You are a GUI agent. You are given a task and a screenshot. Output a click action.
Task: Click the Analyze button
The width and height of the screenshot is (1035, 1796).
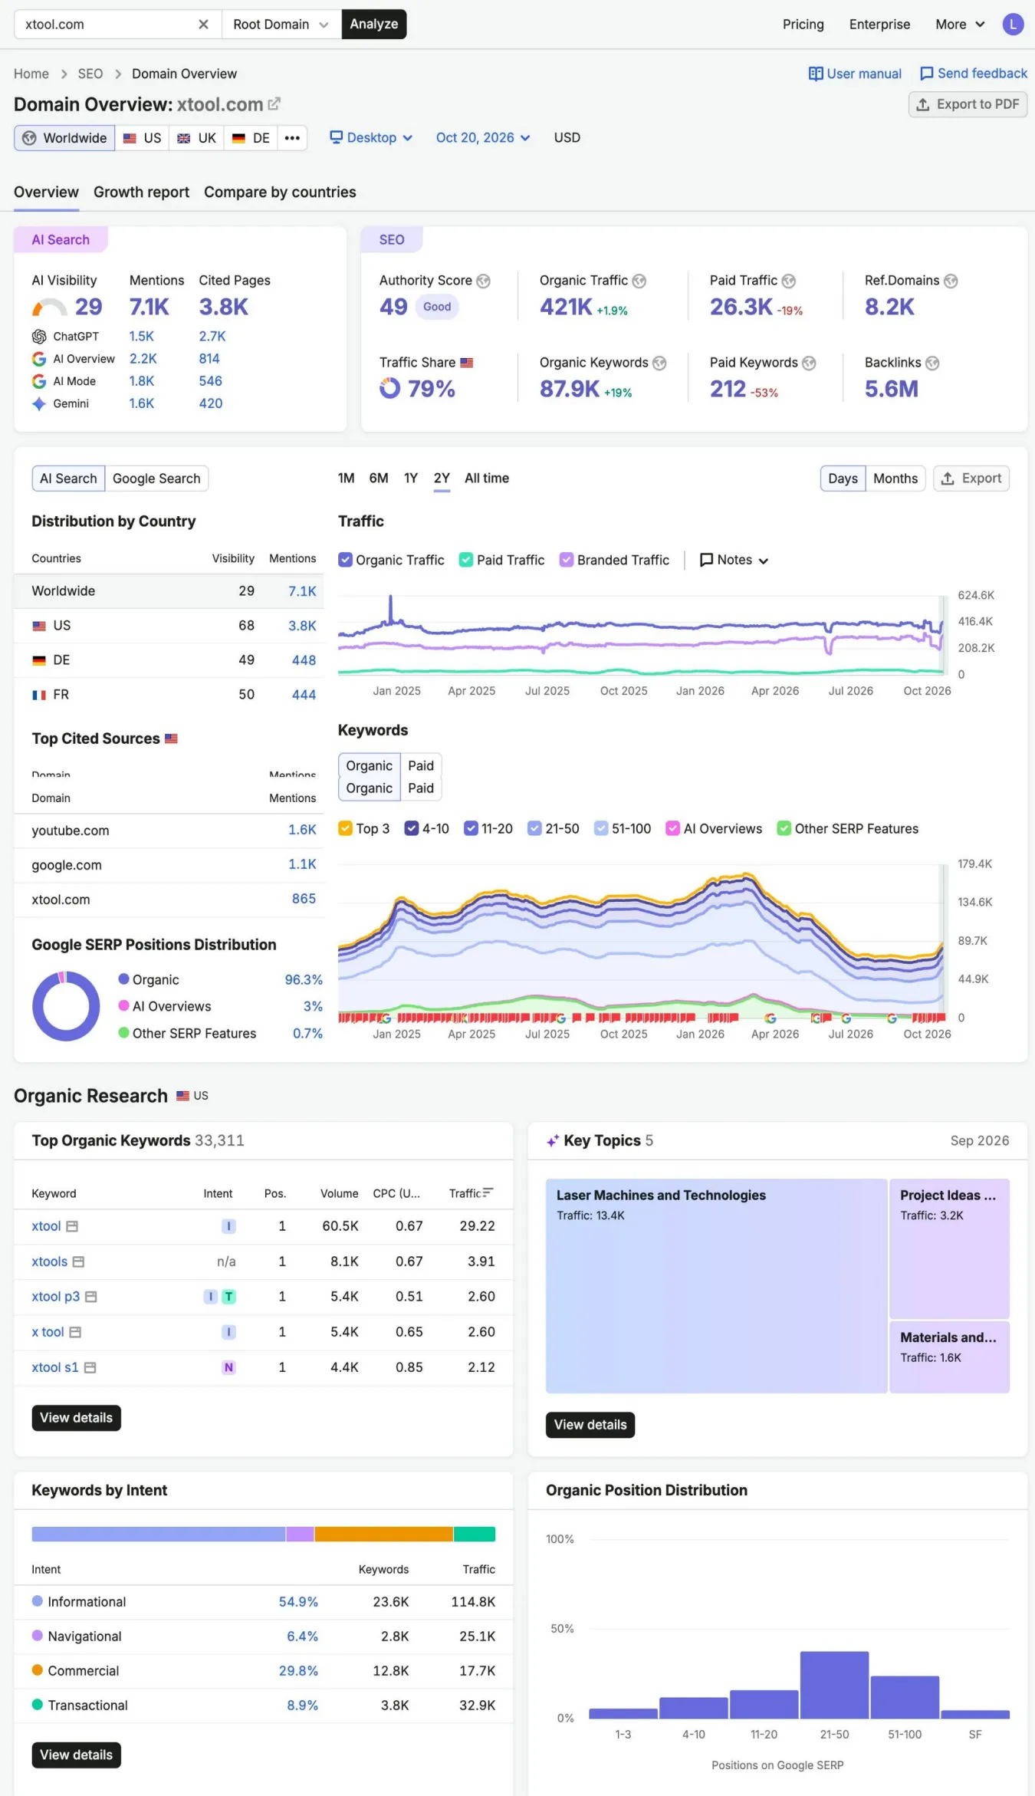(374, 24)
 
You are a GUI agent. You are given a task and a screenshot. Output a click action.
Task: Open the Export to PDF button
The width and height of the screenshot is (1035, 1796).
(968, 104)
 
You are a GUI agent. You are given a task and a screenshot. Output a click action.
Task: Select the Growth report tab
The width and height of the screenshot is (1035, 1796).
(141, 192)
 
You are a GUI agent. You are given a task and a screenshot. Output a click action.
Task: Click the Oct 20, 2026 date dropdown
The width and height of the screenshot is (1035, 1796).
(483, 138)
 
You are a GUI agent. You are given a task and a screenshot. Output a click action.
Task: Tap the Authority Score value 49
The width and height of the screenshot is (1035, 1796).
(393, 307)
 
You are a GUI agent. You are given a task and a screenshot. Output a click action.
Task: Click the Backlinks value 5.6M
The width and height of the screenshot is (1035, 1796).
(891, 389)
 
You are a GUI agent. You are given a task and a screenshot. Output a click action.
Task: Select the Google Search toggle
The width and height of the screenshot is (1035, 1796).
(156, 479)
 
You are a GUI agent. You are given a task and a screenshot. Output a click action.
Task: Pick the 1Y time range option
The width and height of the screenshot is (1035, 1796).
(411, 478)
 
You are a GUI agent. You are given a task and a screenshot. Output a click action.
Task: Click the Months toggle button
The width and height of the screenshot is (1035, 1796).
(895, 479)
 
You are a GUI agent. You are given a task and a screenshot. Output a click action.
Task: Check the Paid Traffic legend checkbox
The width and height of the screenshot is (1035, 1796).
(465, 560)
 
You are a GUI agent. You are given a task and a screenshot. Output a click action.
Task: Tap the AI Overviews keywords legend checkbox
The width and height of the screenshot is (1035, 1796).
(672, 828)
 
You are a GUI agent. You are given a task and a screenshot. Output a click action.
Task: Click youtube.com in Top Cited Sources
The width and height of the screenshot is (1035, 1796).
(71, 831)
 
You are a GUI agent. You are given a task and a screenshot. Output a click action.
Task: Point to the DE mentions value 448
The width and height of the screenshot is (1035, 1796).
(304, 660)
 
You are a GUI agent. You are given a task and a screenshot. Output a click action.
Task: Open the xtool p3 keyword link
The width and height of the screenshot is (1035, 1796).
(55, 1297)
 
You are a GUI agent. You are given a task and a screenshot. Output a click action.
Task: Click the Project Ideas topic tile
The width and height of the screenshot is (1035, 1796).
(949, 1248)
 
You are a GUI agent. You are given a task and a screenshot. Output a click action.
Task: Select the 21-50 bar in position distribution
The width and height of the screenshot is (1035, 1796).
(834, 1685)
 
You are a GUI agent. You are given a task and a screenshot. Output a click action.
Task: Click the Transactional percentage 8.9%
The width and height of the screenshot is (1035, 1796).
(302, 1706)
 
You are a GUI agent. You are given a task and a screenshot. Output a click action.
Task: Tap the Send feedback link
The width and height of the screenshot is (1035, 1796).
(974, 74)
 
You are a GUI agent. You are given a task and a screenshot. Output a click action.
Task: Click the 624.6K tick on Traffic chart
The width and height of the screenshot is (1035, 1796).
(976, 595)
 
